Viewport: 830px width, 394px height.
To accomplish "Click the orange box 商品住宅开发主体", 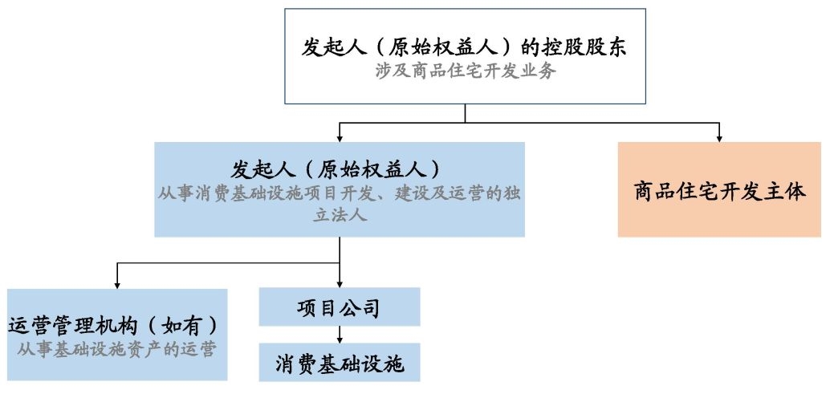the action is [x=719, y=189].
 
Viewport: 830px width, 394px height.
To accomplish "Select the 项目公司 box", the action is [x=340, y=307].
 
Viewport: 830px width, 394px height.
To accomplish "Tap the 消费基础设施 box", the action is [x=340, y=362].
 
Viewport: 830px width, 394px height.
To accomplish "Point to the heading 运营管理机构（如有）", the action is [x=113, y=326].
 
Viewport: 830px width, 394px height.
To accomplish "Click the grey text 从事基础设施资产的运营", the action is [x=116, y=350].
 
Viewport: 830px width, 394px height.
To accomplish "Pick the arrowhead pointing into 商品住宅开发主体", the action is [x=719, y=139].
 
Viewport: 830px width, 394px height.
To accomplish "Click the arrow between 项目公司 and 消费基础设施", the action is [x=340, y=335].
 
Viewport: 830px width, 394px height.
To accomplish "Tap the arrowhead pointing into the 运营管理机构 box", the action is [x=116, y=285].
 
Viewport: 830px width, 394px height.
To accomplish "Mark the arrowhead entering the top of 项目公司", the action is [x=340, y=283].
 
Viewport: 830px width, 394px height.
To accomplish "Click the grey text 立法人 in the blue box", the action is [x=340, y=217].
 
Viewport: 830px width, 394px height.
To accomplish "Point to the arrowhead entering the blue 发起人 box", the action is [x=340, y=138].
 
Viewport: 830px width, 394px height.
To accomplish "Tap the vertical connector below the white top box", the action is [x=466, y=113].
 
